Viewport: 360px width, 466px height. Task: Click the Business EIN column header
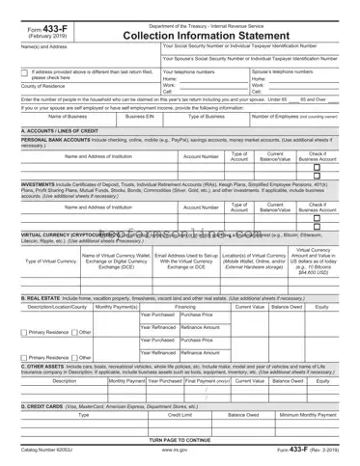coord(140,116)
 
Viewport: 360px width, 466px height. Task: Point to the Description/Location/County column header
coord(54,307)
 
